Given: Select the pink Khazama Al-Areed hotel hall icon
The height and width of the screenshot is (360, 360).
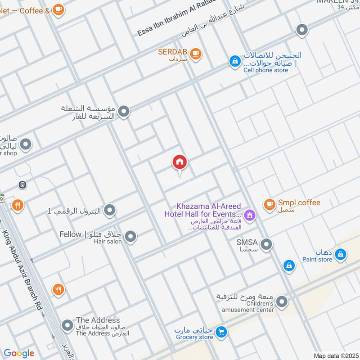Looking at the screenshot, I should (x=250, y=216).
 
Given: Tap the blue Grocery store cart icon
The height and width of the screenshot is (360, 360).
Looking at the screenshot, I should (x=220, y=333).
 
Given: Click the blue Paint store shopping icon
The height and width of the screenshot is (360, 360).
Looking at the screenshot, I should (x=341, y=255).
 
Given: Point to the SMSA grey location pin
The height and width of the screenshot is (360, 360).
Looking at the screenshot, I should (x=266, y=245).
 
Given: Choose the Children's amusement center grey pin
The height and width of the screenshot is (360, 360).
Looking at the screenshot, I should (x=282, y=301).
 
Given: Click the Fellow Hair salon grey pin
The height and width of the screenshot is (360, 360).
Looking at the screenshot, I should (x=130, y=236).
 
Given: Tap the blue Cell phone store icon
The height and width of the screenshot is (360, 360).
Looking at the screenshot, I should (x=234, y=61).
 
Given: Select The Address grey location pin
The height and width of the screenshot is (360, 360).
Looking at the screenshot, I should (x=67, y=324).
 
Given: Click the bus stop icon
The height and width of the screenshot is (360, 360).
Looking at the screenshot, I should (x=22, y=184).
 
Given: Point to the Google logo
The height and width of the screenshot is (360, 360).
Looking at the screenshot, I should (x=19, y=353).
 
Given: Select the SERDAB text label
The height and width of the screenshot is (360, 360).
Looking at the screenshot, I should (x=171, y=52).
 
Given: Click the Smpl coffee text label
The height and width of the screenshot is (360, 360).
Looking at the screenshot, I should (x=299, y=202).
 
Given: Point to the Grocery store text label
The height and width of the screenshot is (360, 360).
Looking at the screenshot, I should (x=194, y=337).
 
